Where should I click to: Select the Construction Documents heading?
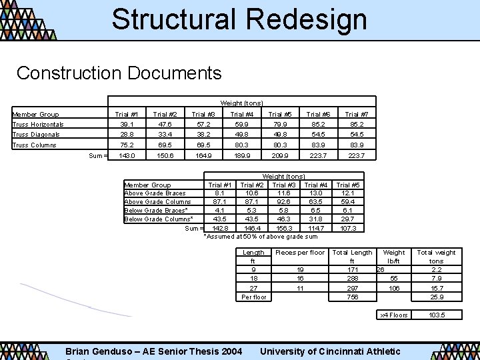coord(119,72)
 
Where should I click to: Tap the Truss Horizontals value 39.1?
coord(127,124)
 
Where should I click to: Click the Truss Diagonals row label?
coord(36,134)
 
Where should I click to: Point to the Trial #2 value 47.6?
coord(165,124)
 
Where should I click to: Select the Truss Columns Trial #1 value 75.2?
coord(127,145)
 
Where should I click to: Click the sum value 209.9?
coord(280,155)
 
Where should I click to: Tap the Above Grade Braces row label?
coord(155,193)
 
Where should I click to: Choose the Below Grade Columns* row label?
coord(159,219)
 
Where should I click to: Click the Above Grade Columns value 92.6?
coord(284,201)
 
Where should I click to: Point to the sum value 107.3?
coord(348,228)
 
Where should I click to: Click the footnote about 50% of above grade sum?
coord(261,236)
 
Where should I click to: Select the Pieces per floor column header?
coord(300,253)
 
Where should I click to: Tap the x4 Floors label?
coord(394,315)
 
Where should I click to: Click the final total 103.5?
coord(437,315)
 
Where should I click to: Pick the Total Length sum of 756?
coord(353,297)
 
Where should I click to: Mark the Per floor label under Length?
coord(253,297)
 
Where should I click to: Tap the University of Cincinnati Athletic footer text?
coord(330,351)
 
